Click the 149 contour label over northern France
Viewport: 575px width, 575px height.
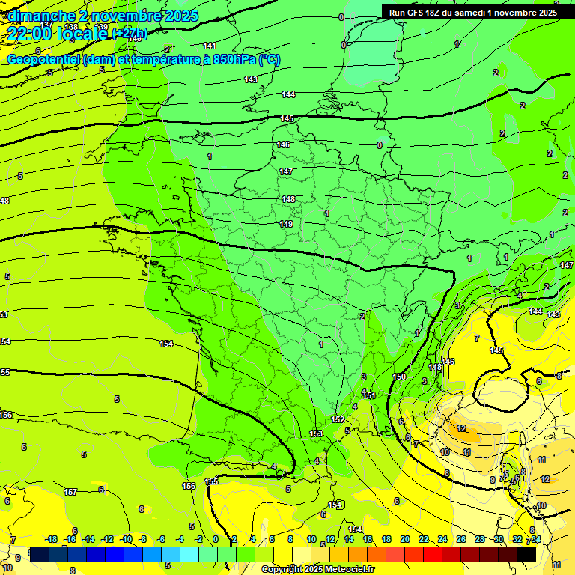click(x=286, y=224)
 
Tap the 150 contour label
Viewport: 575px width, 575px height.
click(x=399, y=377)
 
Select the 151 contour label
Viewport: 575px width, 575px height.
click(x=370, y=395)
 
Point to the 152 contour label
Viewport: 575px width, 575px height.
click(x=338, y=419)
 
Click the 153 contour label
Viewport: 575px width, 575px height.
click(x=316, y=433)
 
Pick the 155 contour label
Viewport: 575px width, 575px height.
click(x=212, y=481)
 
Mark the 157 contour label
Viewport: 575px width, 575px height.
click(x=70, y=492)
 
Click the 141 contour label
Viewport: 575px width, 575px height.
click(x=210, y=46)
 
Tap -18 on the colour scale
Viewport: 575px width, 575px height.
click(x=52, y=539)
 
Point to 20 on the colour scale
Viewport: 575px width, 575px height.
click(x=404, y=539)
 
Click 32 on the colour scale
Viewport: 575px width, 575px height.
click(x=517, y=539)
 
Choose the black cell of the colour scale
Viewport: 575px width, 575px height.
click(x=526, y=554)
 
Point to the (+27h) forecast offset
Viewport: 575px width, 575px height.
click(x=129, y=34)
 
